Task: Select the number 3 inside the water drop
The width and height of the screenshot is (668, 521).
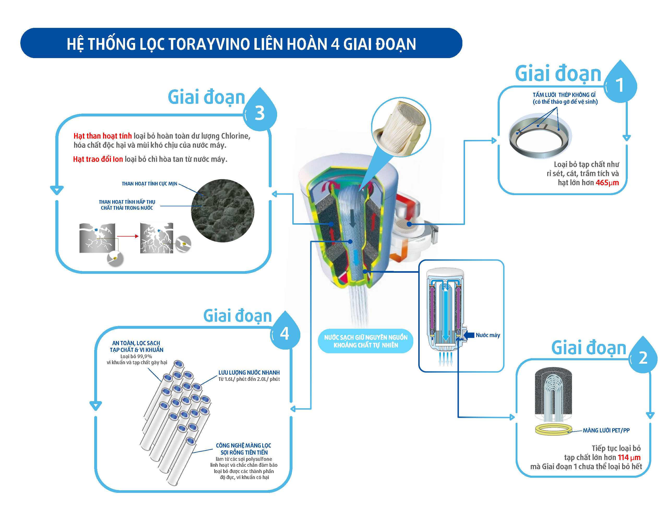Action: click(260, 113)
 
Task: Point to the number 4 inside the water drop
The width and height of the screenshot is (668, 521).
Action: click(284, 333)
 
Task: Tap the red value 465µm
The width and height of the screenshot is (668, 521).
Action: click(607, 183)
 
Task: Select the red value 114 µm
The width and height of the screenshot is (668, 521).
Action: click(629, 457)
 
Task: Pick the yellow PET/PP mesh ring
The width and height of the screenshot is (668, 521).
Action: click(554, 430)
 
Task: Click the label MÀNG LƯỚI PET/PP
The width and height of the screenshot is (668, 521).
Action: click(606, 430)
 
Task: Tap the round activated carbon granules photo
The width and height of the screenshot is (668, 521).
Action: click(223, 211)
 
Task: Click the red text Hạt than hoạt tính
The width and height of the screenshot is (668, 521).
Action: click(103, 136)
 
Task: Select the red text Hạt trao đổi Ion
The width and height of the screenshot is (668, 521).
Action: click(98, 159)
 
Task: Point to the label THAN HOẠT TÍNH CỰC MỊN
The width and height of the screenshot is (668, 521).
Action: click(149, 184)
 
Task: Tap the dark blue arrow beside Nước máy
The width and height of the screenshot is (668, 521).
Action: click(469, 335)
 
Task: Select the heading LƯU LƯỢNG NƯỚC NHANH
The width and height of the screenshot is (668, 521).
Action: click(249, 373)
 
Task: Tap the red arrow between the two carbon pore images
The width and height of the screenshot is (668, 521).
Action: click(128, 236)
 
